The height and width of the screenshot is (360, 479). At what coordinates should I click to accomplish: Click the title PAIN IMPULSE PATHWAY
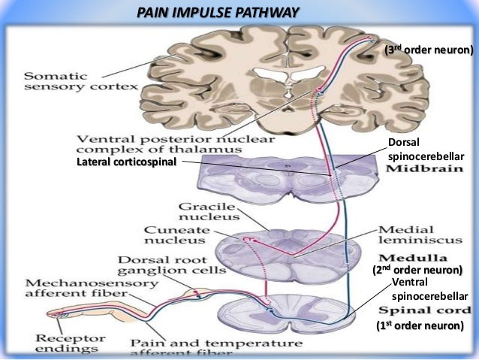coord(218,13)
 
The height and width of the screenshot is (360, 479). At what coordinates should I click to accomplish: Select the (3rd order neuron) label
coord(429,50)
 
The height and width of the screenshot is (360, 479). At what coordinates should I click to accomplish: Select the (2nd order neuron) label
coord(417,269)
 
